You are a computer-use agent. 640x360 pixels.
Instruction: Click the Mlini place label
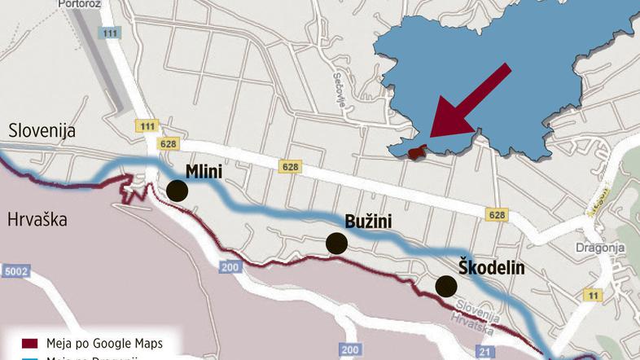204,171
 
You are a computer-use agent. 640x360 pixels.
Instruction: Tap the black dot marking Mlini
177,191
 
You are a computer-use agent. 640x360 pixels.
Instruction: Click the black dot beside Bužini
336,243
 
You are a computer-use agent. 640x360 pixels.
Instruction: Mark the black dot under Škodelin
445,286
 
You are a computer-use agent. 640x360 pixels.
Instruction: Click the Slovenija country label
41,130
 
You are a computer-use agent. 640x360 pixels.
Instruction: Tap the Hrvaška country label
37,219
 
